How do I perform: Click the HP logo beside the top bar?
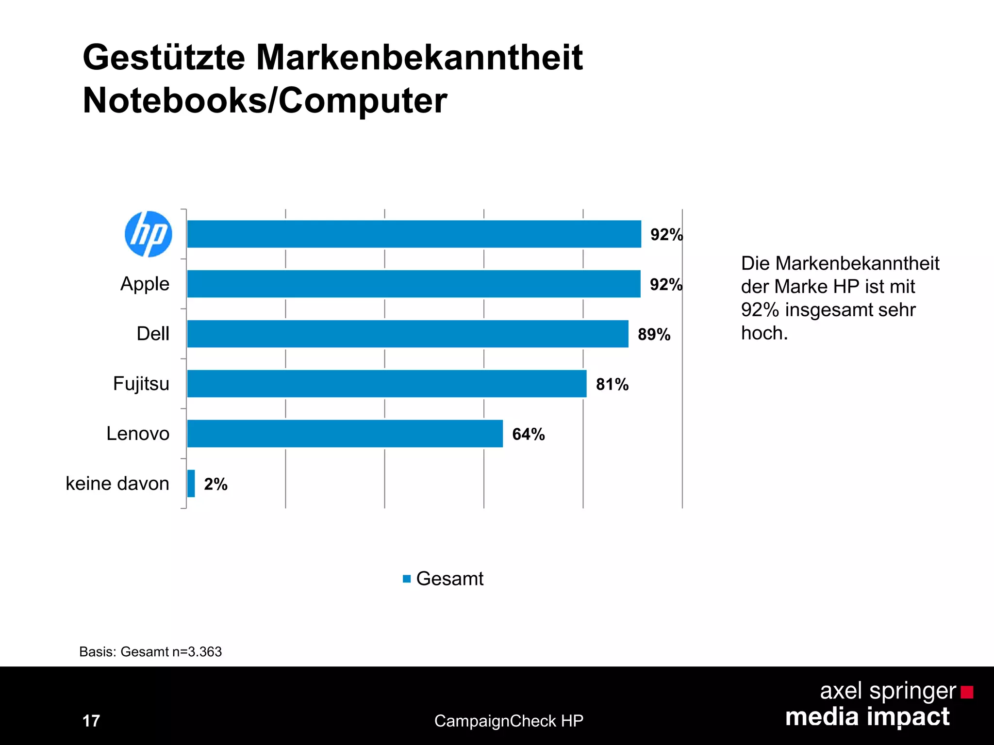(x=148, y=234)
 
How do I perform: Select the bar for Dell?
(x=408, y=334)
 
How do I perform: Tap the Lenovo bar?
(x=345, y=434)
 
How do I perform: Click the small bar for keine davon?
(x=191, y=484)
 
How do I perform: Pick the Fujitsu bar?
(x=387, y=384)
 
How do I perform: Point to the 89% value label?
(x=654, y=334)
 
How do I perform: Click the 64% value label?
(x=528, y=434)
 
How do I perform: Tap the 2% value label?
(x=215, y=484)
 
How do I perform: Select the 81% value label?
(x=612, y=384)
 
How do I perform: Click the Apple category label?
(x=145, y=284)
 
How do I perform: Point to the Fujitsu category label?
(x=141, y=384)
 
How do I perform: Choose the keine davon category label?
(x=117, y=484)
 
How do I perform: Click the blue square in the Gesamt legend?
(x=407, y=579)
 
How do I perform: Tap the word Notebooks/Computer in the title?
(x=265, y=100)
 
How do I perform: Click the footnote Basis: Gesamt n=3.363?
(x=150, y=651)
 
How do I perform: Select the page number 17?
(x=91, y=721)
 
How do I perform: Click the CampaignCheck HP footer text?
(x=509, y=721)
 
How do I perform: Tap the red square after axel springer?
(x=967, y=692)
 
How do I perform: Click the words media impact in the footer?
(x=867, y=717)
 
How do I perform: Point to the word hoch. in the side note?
(x=764, y=333)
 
